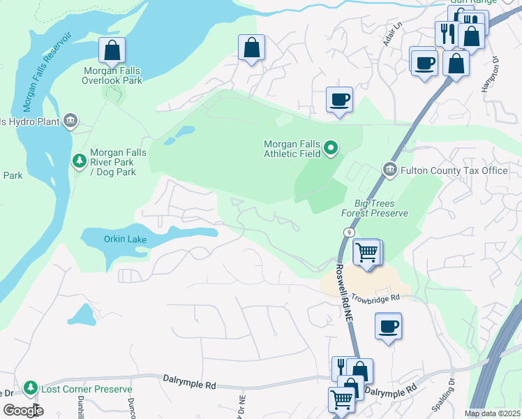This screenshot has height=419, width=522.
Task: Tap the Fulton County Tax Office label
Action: [454, 170]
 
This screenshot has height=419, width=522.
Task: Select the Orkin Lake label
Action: [124, 239]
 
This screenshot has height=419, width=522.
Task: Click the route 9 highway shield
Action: [347, 231]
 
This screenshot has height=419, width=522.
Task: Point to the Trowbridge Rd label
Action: [375, 297]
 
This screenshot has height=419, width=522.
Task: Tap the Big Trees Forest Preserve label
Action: [374, 208]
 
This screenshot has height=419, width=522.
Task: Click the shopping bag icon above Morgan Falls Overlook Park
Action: [112, 50]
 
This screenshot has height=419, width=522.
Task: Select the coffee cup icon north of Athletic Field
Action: [339, 99]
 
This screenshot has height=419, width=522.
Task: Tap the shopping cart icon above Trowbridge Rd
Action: [366, 251]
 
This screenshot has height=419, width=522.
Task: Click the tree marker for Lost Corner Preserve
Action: [30, 388]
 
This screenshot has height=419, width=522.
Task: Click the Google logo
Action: [23, 410]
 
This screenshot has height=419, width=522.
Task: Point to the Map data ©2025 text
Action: [492, 413]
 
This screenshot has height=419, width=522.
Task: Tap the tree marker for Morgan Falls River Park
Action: [80, 161]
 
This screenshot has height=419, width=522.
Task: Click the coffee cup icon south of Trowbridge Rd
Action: [388, 325]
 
